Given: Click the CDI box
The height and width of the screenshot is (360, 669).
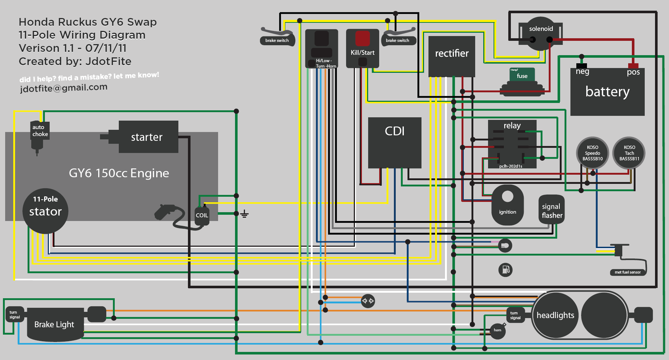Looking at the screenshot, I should (395, 143).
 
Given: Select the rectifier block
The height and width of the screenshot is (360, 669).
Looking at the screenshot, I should (452, 56).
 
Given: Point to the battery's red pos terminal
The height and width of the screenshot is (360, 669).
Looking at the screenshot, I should (633, 66).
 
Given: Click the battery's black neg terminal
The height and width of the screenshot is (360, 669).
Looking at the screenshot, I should (581, 65).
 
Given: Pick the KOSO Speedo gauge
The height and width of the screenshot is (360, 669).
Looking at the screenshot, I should (592, 153).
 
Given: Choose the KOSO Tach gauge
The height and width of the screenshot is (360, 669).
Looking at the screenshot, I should (629, 153).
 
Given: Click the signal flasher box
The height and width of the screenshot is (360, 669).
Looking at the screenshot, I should (551, 210).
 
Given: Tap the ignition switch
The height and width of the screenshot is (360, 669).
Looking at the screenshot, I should (507, 205).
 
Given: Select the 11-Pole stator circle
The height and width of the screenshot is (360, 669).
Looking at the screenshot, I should (45, 211).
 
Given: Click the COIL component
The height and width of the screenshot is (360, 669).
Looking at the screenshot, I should (202, 215).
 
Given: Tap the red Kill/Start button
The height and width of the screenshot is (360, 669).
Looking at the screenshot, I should (362, 38).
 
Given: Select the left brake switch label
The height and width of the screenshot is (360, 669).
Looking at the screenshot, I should (277, 40).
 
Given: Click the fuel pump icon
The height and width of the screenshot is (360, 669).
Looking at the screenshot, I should (505, 270).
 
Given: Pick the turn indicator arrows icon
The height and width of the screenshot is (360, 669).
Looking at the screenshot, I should (368, 301).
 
